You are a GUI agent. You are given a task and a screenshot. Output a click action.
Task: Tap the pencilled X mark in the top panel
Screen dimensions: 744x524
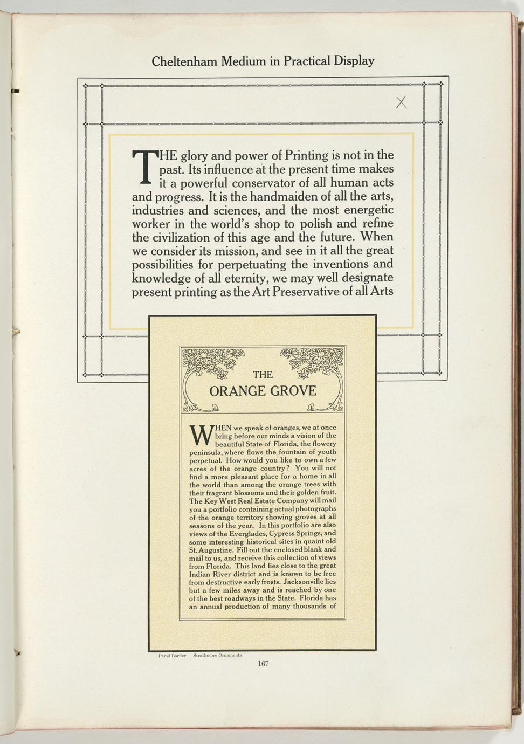[401, 102]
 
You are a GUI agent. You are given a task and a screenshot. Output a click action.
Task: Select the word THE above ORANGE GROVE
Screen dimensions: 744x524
[263, 375]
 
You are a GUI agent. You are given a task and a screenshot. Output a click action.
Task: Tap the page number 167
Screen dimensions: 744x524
[263, 664]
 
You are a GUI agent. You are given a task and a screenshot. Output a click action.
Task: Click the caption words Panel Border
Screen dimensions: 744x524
[172, 656]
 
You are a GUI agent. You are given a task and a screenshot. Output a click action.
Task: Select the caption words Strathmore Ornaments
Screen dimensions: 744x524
[217, 656]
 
